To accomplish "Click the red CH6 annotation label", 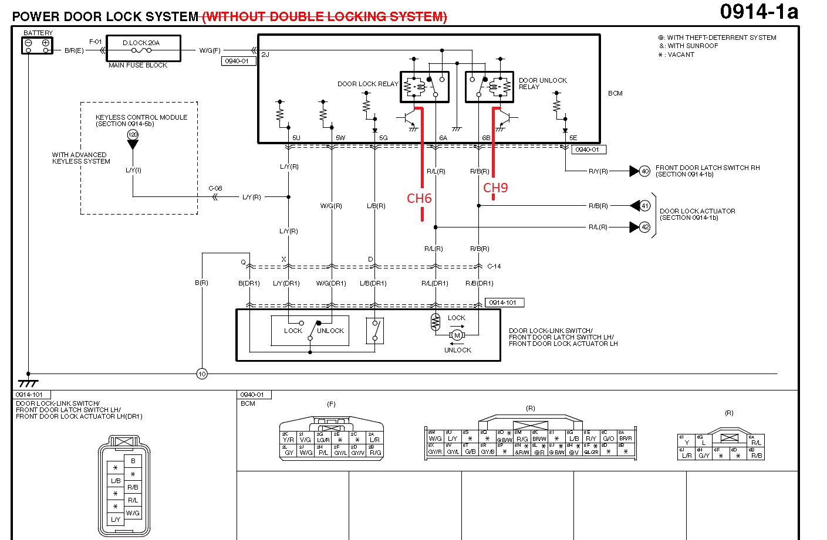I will point(419,199).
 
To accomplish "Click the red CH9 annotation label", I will point(495,188).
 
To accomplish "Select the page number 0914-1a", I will point(758,12).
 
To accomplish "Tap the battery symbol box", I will point(37,45).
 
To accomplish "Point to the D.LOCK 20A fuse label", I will point(141,43).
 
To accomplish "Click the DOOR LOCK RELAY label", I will point(367,84).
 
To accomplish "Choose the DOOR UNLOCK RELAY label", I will point(542,83).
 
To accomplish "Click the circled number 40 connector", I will point(644,171).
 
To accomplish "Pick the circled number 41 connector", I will point(644,206).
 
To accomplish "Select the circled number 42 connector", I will point(644,227).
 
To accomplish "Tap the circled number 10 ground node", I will point(202,373).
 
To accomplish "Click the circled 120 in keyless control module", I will point(133,135).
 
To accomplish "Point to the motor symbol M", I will point(457,335).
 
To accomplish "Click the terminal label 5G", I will point(383,138).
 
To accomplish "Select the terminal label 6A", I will point(443,138).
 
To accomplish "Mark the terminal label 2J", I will point(265,55).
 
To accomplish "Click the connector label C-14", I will point(494,266).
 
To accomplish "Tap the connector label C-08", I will point(215,188).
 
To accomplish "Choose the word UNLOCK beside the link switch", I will point(330,331).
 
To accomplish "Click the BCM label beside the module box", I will point(615,93).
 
